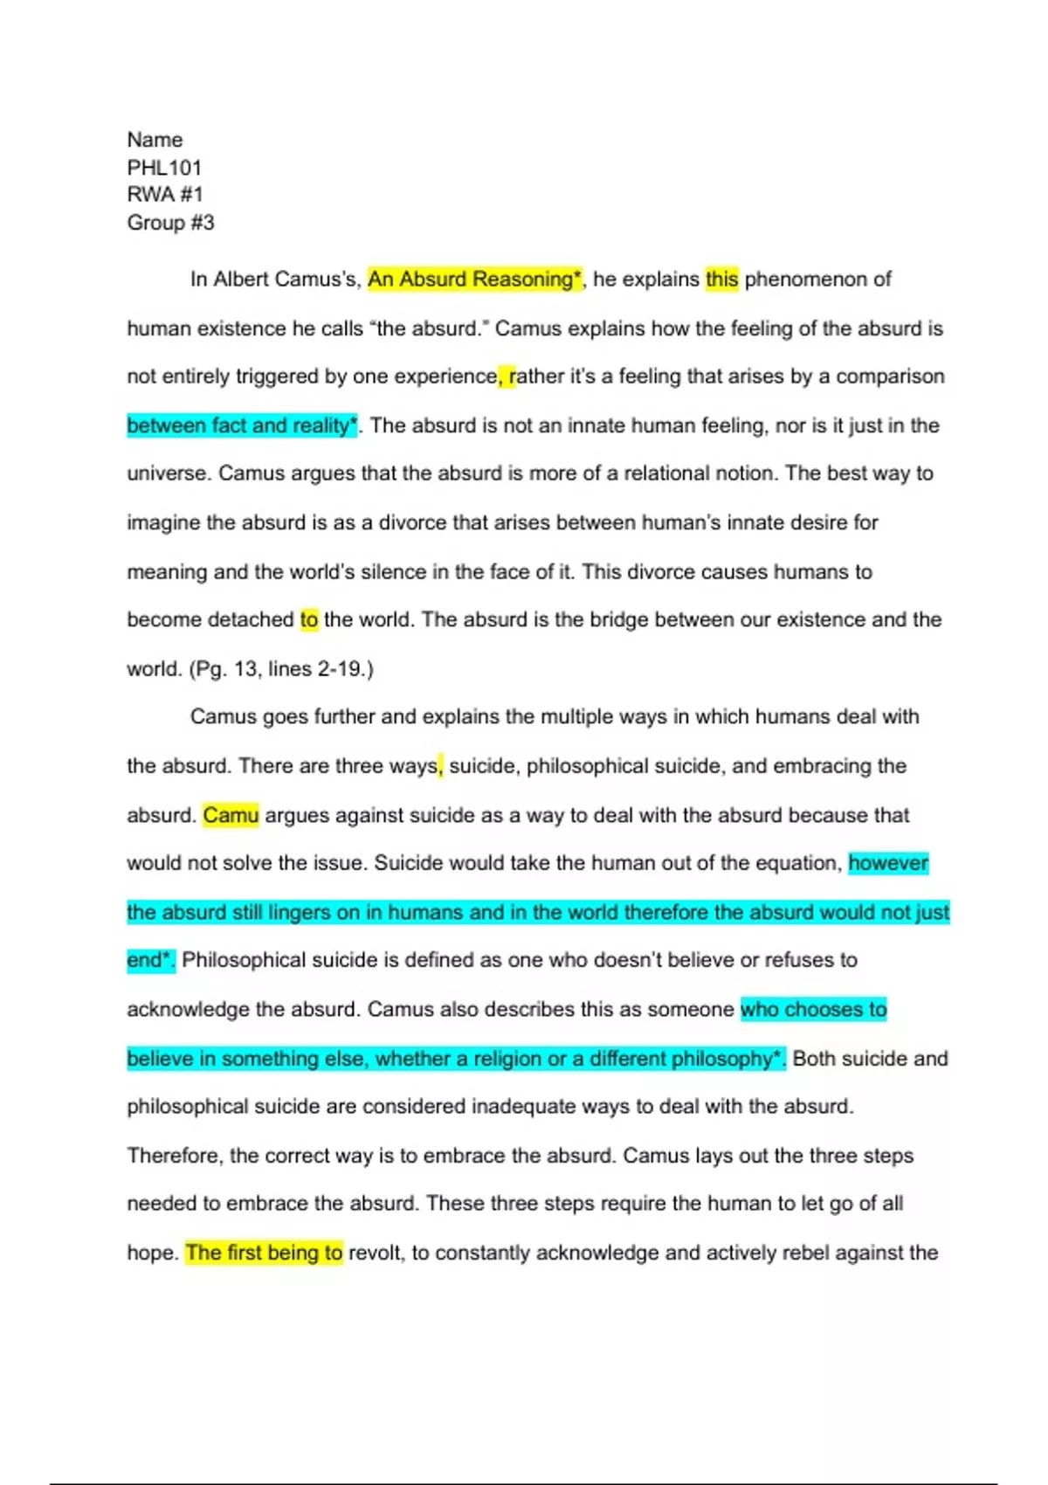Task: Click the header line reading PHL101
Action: [x=164, y=167]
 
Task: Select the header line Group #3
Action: [x=170, y=223]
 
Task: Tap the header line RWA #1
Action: [x=164, y=195]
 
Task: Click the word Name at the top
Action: [x=155, y=140]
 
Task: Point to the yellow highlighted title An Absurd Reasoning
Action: [x=473, y=280]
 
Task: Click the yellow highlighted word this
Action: [x=721, y=280]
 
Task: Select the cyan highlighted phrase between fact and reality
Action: [x=242, y=425]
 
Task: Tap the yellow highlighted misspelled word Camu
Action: [x=231, y=815]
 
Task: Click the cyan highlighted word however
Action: [x=888, y=863]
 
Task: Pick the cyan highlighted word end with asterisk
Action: [x=150, y=960]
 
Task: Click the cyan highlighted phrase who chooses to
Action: [x=813, y=1009]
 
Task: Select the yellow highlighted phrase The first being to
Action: [x=264, y=1253]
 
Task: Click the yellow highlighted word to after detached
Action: [x=309, y=620]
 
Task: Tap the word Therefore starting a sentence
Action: [x=174, y=1156]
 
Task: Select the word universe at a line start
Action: [x=168, y=473]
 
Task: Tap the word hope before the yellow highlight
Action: [x=152, y=1253]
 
